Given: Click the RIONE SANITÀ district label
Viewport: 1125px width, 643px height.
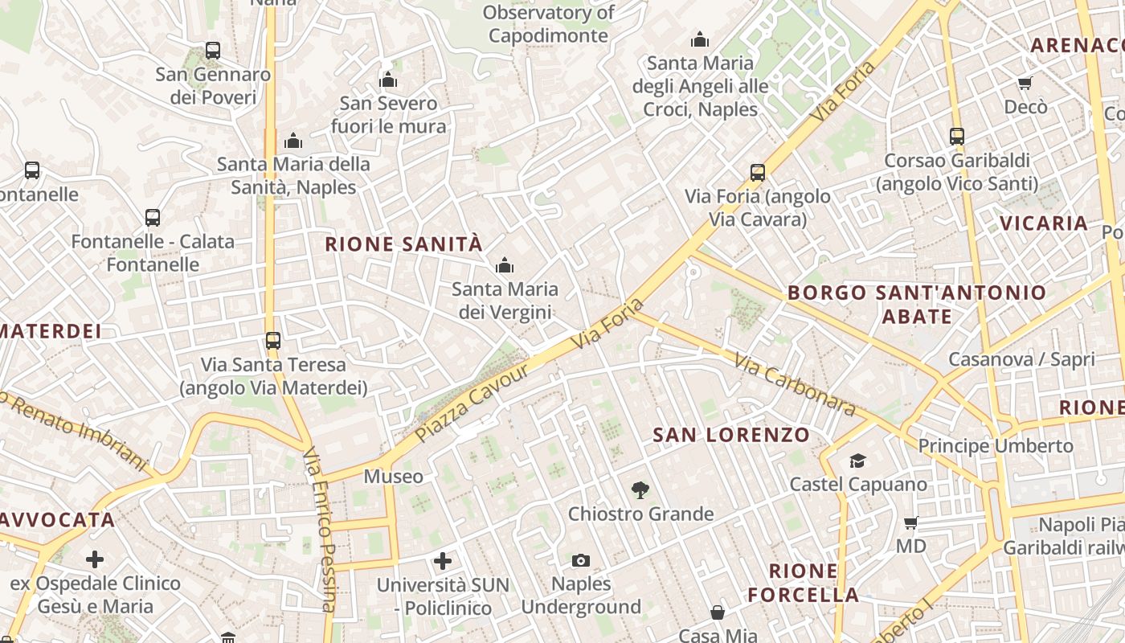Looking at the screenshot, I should click(403, 244).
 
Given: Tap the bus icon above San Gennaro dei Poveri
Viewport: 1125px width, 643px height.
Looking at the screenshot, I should click(213, 51).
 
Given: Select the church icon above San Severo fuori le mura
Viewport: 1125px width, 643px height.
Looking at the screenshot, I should click(388, 80).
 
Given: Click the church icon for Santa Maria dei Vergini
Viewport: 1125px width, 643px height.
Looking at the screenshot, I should click(505, 265).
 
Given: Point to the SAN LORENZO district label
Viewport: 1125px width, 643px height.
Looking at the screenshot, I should click(731, 436).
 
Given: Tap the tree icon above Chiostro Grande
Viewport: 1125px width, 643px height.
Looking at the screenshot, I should click(640, 489).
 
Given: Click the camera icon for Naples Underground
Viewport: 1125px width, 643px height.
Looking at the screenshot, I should click(580, 560).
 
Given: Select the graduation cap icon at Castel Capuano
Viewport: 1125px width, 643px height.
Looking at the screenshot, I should click(857, 461).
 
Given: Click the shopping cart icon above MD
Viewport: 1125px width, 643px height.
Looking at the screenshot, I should click(910, 523).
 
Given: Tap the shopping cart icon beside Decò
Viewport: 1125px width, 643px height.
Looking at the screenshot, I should click(1025, 83).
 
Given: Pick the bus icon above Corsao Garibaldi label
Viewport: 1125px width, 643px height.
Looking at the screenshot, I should click(956, 137).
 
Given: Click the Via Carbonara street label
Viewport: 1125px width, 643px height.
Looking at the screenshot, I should click(795, 385).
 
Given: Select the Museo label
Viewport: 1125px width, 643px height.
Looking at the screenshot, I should click(393, 477).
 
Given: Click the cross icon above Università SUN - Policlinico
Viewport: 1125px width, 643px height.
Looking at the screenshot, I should click(442, 561).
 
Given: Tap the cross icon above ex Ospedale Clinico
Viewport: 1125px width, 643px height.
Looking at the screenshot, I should click(95, 559).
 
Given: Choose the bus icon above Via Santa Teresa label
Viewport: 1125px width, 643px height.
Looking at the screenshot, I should click(273, 341).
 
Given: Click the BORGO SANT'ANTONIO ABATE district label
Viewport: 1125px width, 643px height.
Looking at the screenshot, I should click(917, 304).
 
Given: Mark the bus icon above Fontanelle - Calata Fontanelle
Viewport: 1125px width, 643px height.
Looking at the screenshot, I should click(153, 218).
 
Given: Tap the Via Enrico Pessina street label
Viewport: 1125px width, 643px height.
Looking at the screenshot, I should click(319, 530).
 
